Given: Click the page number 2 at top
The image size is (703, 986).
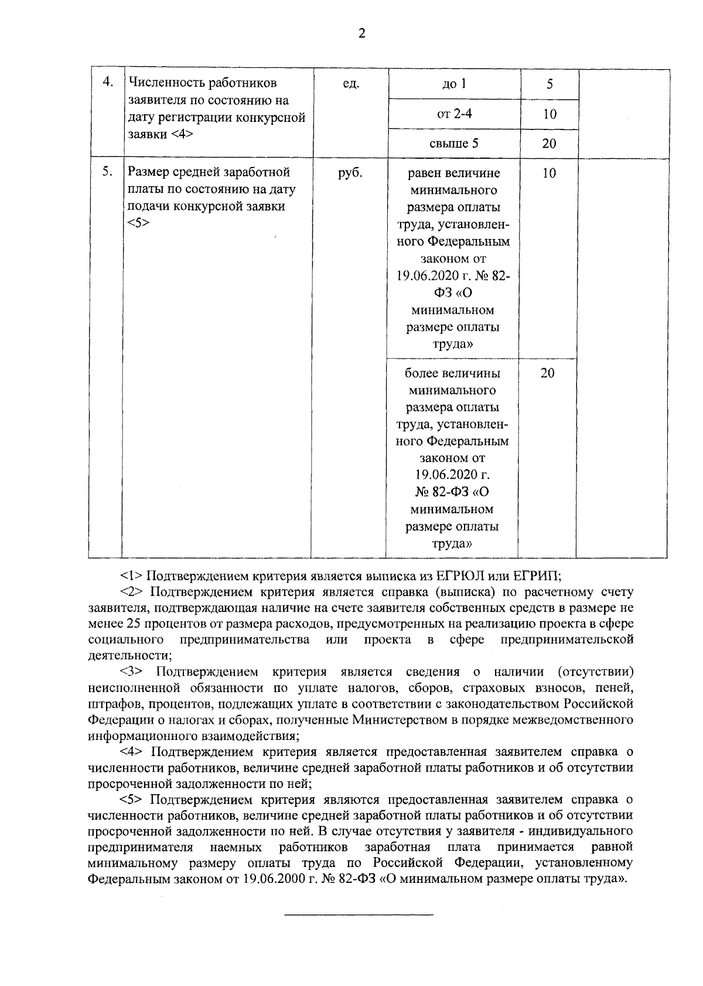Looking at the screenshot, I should tap(361, 34).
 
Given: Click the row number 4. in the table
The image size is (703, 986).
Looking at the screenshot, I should tap(108, 82).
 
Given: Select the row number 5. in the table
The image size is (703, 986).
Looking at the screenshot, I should tap(107, 172).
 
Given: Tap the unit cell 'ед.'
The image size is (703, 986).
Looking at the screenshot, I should tap(350, 84).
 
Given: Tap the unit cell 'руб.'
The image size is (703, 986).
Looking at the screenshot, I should tap(350, 173).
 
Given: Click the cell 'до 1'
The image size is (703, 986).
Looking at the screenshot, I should tap(454, 84).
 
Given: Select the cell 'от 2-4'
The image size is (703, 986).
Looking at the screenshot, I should tap(454, 114).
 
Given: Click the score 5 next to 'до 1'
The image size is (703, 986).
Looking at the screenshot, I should tap(550, 84).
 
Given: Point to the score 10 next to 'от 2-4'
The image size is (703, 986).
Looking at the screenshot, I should tap(549, 114).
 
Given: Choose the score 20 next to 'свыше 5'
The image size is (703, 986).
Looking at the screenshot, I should tap(549, 144).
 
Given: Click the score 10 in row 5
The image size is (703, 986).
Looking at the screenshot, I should tap(549, 173).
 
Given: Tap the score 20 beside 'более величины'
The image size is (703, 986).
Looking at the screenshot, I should tap(547, 373).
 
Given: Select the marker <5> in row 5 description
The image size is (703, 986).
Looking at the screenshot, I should tap(138, 223).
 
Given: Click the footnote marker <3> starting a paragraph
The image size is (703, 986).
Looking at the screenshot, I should tap(131, 671).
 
